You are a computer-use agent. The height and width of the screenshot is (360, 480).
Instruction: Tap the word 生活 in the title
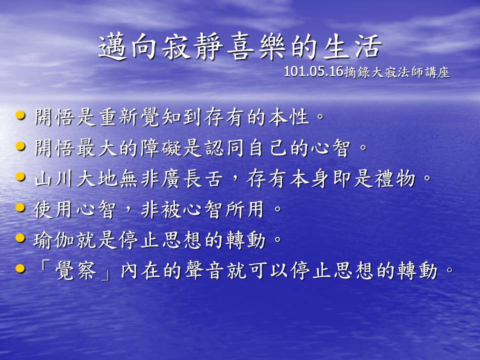(352, 47)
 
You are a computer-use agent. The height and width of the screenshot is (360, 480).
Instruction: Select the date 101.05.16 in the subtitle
(313, 72)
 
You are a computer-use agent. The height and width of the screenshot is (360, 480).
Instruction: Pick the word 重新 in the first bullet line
(119, 117)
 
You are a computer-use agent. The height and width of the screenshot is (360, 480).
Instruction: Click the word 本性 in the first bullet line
(288, 117)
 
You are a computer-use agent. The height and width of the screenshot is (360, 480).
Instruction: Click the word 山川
(54, 178)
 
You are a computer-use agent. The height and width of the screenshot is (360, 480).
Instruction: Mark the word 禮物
(395, 178)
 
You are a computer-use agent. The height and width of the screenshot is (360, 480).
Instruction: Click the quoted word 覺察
(76, 271)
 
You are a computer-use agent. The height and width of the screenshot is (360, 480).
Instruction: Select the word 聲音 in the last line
(205, 271)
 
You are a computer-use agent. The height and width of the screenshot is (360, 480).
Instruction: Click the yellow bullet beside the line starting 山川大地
(20, 176)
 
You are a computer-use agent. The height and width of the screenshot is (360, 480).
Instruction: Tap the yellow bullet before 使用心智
(20, 207)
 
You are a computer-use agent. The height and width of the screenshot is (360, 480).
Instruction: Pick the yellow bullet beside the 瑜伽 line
(20, 238)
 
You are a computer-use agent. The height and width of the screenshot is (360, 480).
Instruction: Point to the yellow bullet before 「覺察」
(20, 268)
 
